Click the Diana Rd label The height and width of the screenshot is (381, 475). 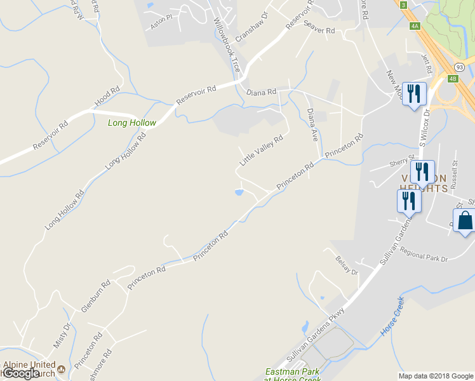click(x=262, y=92)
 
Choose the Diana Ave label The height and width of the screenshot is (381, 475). click(x=312, y=124)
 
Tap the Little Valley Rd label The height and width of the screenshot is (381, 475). click(x=261, y=150)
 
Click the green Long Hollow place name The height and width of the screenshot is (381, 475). click(x=131, y=123)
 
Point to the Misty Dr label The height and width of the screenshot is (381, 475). click(x=61, y=335)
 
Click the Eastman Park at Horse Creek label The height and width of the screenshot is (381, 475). click(x=294, y=375)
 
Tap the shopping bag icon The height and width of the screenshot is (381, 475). click(x=465, y=221)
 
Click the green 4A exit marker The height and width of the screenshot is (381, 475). click(x=415, y=26)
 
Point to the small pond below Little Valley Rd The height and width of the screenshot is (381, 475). click(x=239, y=192)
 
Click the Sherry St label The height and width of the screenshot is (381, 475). click(x=402, y=161)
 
